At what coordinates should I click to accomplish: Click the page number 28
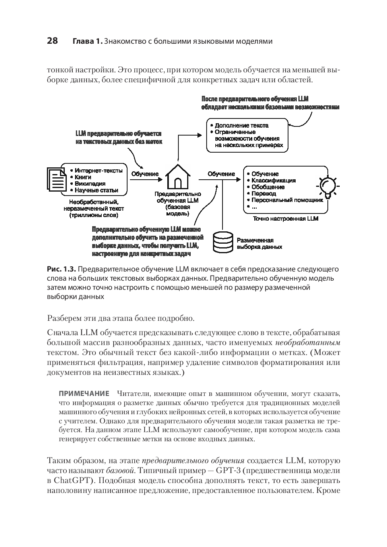(52, 41)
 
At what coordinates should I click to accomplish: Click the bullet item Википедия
(90, 184)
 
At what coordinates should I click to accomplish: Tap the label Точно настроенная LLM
(285, 219)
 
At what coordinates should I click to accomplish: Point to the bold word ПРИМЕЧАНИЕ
(84, 394)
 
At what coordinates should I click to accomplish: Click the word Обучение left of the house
(145, 174)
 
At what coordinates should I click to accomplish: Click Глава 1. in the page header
(87, 41)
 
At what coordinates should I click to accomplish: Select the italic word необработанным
(308, 342)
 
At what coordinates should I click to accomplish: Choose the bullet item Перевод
(263, 194)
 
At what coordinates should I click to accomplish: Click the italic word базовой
(121, 471)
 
